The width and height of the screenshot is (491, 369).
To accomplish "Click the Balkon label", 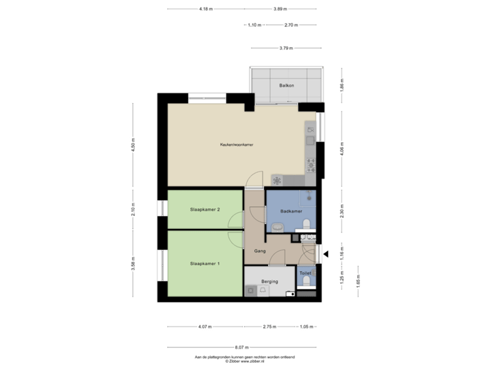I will pyautogui.click(x=286, y=85).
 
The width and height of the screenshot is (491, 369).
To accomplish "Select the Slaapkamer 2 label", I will pyautogui.click(x=205, y=210).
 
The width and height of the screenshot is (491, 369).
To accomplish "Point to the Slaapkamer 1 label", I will pyautogui.click(x=205, y=264).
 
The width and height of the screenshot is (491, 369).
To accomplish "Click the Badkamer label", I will pyautogui.click(x=291, y=212).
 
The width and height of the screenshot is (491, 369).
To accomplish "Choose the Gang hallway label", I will pyautogui.click(x=259, y=251).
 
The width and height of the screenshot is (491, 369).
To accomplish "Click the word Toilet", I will pyautogui.click(x=306, y=273).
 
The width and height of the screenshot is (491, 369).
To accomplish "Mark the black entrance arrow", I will pyautogui.click(x=326, y=255).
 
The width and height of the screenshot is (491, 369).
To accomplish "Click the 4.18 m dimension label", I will pyautogui.click(x=205, y=9).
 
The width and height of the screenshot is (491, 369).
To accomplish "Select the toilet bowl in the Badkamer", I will pyautogui.click(x=308, y=223).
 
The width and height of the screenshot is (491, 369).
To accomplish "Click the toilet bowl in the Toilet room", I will pyautogui.click(x=306, y=282).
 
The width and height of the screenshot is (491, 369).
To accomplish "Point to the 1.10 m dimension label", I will pyautogui.click(x=254, y=25).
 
